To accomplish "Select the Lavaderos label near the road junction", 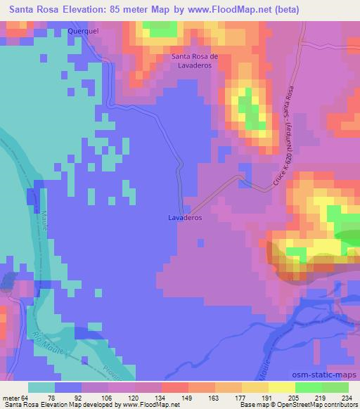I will (x=186, y=218).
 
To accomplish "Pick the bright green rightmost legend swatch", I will (x=335, y=387).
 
